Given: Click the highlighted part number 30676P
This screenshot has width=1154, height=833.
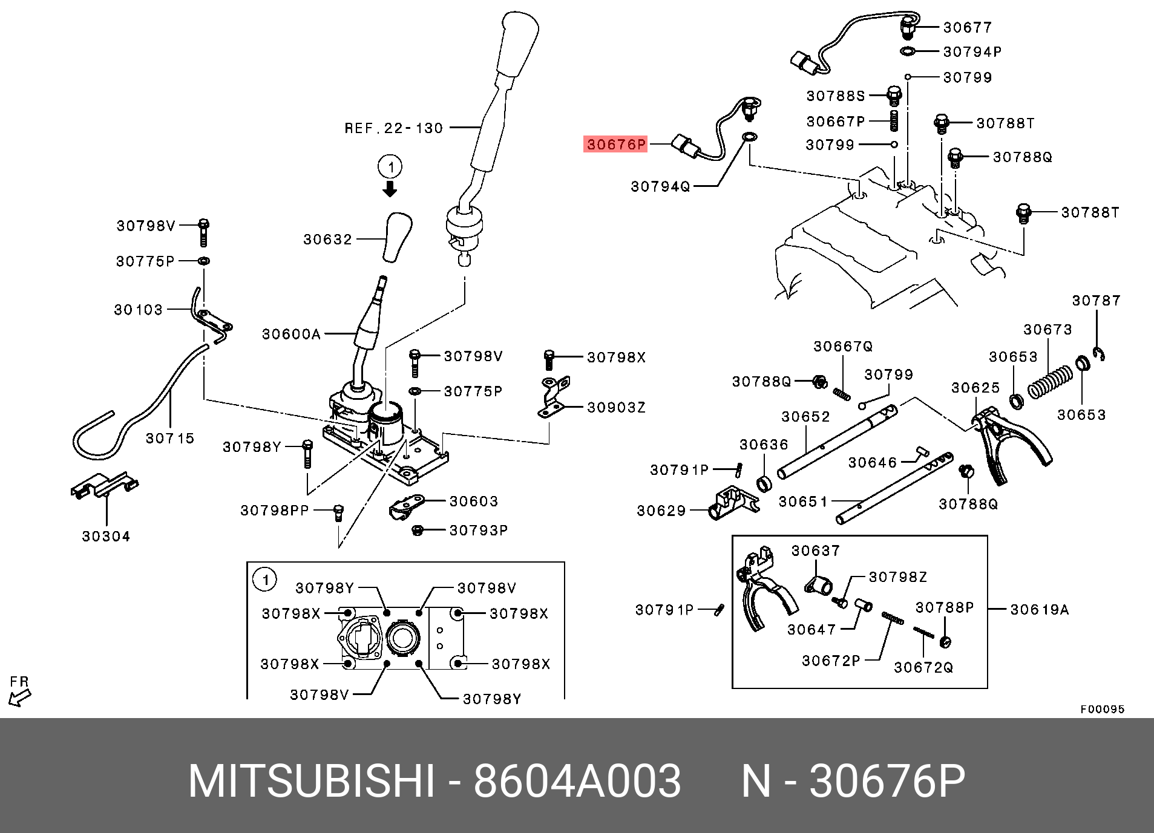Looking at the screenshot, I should pos(615,145).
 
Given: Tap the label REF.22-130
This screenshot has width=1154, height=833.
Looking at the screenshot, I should pos(394,128).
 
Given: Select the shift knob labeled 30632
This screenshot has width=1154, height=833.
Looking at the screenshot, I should pos(398,237).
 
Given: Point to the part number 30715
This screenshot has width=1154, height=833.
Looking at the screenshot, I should pos(170,438).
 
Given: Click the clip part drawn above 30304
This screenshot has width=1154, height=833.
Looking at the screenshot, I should pos(104,485).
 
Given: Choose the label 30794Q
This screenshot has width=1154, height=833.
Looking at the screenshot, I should pos(660,187).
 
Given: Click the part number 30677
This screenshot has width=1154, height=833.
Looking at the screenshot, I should pos(968,27).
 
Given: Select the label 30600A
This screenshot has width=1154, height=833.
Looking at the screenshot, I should pos(290,334).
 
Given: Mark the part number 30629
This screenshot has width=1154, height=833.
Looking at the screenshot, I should pos(661,511).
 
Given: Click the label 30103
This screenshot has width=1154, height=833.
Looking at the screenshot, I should pos(139,310).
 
